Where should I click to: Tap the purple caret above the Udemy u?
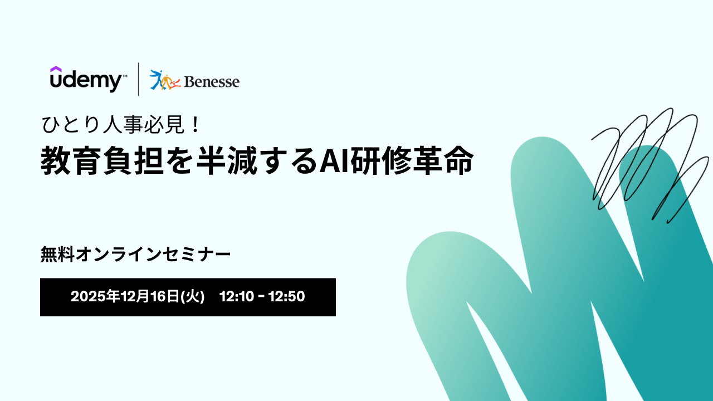point(56,69)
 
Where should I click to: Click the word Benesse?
point(212,82)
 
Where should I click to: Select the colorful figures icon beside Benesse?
point(165,80)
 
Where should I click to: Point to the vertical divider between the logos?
point(139,79)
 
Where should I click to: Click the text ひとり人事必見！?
point(121,124)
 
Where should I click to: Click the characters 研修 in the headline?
point(380,160)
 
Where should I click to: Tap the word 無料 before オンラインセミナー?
point(57,255)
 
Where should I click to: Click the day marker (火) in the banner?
point(192,297)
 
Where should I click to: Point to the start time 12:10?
point(237,297)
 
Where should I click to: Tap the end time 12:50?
point(287,297)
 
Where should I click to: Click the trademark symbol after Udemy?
point(125,76)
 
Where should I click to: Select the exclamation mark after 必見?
point(196,124)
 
